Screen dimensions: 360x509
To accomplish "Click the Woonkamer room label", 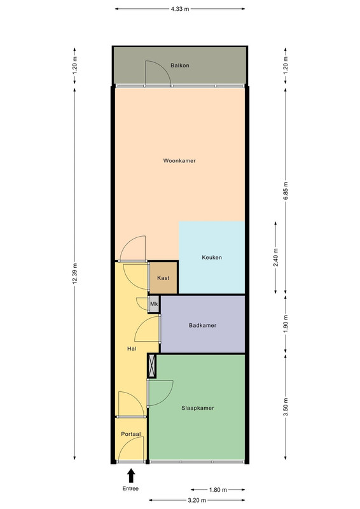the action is pyautogui.click(x=179, y=161).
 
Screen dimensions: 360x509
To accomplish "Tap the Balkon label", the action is pyautogui.click(x=180, y=66).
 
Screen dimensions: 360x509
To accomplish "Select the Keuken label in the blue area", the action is pyautogui.click(x=212, y=258).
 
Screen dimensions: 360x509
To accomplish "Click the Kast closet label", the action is pyautogui.click(x=163, y=278).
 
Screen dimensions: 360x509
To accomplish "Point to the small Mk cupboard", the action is pyautogui.click(x=154, y=304).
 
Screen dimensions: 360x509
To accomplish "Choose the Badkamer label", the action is pyautogui.click(x=202, y=325).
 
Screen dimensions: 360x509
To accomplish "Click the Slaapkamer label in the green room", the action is pyautogui.click(x=198, y=408).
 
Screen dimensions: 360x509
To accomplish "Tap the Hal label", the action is pyautogui.click(x=132, y=349).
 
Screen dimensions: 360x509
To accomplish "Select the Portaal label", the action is pyautogui.click(x=131, y=434).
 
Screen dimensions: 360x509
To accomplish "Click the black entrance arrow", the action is pyautogui.click(x=131, y=475).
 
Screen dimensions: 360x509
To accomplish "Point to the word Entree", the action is pyautogui.click(x=130, y=489).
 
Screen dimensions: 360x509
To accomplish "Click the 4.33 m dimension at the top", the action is pyautogui.click(x=180, y=9).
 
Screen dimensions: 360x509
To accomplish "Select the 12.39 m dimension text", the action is pyautogui.click(x=74, y=274).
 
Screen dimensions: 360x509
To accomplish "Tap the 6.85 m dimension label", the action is pyautogui.click(x=286, y=191).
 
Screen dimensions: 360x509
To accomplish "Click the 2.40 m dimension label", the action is pyautogui.click(x=275, y=258).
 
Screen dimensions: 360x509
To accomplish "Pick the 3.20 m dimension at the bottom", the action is pyautogui.click(x=197, y=500).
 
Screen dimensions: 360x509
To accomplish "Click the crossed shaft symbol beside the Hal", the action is pyautogui.click(x=152, y=366).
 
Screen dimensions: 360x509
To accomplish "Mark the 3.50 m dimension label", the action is pyautogui.click(x=286, y=407).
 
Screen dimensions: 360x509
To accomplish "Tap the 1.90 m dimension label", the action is pyautogui.click(x=286, y=324).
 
